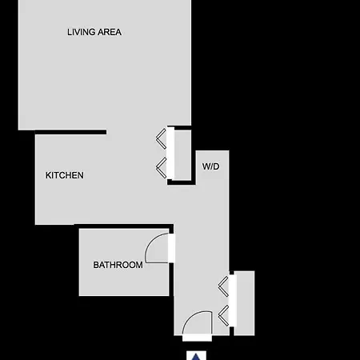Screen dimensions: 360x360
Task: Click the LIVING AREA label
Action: tap(94, 32)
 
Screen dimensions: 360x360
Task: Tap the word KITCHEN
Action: tap(65, 175)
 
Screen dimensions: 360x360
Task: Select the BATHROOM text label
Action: tap(118, 265)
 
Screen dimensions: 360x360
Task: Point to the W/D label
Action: tap(211, 166)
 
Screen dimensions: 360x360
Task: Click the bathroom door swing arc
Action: tap(150, 244)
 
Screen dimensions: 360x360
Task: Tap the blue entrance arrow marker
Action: tap(196, 356)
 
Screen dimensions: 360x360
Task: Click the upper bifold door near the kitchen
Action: tap(161, 138)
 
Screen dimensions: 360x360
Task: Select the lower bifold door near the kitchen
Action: tap(161, 168)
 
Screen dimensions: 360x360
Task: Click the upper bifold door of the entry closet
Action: tap(223, 286)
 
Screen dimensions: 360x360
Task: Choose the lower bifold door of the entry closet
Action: tap(223, 315)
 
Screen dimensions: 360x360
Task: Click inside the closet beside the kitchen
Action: tap(182, 154)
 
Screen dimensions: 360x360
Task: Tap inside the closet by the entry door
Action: tap(246, 303)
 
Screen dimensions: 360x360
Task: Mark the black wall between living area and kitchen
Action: tap(70, 132)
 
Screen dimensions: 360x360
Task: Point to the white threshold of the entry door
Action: tap(197, 338)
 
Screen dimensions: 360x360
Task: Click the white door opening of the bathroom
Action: tap(172, 248)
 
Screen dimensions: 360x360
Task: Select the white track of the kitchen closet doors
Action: tap(170, 153)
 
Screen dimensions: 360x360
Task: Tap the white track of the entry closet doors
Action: tap(233, 301)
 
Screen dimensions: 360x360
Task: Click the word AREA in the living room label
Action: tap(110, 32)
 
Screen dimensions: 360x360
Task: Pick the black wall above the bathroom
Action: tap(124, 226)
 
